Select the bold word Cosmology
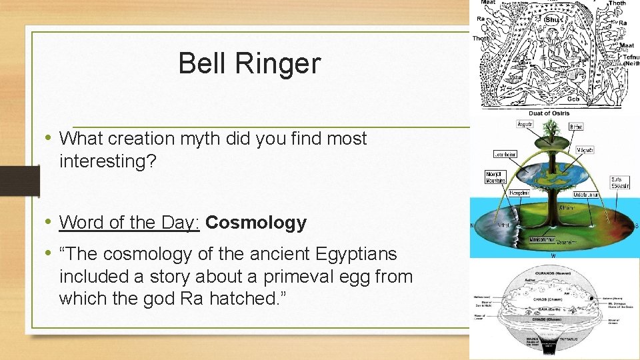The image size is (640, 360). pyautogui.click(x=256, y=223)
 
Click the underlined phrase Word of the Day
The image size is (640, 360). pyautogui.click(x=129, y=223)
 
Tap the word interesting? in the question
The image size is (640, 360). pyautogui.click(x=107, y=161)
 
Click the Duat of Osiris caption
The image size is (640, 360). pyautogui.click(x=549, y=113)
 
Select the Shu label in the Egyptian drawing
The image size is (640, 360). pyautogui.click(x=552, y=19)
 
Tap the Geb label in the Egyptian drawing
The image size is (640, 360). pyautogui.click(x=572, y=99)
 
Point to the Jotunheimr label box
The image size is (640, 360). pyautogui.click(x=504, y=154)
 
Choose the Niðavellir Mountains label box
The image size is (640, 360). pyautogui.click(x=496, y=177)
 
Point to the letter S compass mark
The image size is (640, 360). pyautogui.click(x=635, y=226)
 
